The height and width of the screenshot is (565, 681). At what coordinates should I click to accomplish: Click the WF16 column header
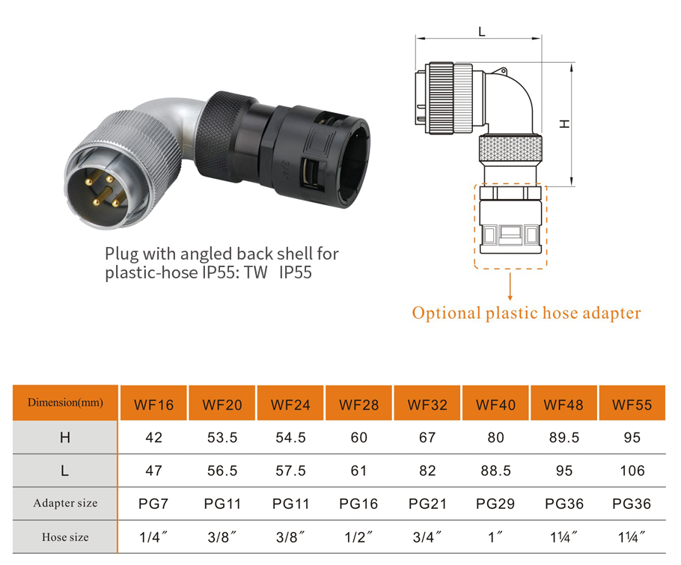click(153, 405)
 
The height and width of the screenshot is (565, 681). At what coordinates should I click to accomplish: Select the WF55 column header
click(632, 405)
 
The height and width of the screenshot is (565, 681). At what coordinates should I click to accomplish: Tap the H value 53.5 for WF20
click(222, 438)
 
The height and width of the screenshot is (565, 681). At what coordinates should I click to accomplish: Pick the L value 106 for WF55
click(632, 471)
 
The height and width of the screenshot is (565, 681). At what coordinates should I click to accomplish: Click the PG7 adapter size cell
click(153, 504)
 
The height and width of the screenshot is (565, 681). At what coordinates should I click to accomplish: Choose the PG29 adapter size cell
click(495, 504)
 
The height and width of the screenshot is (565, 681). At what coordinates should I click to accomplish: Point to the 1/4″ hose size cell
click(153, 537)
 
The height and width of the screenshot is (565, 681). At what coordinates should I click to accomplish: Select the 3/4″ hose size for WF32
click(427, 537)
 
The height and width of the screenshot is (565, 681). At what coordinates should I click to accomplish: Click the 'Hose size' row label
click(65, 537)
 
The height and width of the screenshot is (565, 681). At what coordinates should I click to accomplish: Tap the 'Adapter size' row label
click(65, 504)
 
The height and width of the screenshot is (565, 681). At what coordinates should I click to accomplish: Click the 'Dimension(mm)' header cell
click(65, 403)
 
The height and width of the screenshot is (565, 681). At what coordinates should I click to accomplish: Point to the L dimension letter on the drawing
click(481, 32)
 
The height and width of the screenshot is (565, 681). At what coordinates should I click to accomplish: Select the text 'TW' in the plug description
click(257, 273)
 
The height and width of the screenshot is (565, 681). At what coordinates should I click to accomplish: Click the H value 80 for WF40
click(495, 438)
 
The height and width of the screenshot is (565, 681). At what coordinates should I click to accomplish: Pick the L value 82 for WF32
click(427, 471)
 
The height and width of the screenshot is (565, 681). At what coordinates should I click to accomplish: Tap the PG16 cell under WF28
click(358, 504)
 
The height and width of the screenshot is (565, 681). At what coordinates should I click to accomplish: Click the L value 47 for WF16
click(153, 471)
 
